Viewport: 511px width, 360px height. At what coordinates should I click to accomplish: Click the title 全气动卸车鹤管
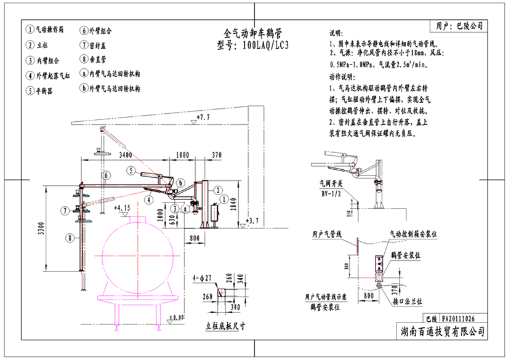coord(254,32)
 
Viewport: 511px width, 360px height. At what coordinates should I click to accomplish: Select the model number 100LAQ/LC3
coord(252,44)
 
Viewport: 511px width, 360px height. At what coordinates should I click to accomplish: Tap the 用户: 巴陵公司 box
coord(459,26)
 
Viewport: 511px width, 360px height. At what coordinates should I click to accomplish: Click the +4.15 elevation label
coord(123,208)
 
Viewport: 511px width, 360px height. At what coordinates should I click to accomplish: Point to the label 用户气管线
coord(331,233)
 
